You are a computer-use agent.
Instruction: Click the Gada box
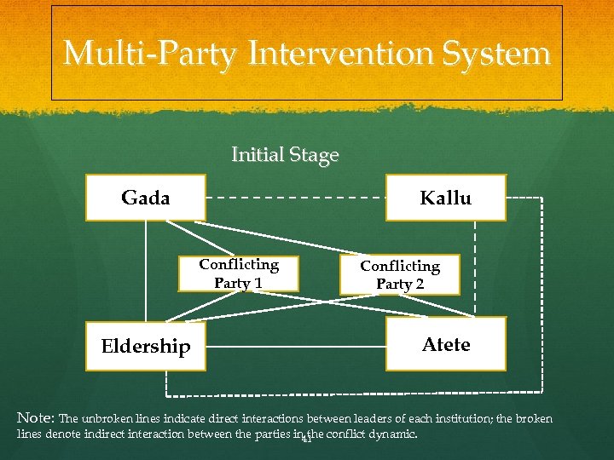[x=145, y=198]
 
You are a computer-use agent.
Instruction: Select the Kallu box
[x=445, y=198]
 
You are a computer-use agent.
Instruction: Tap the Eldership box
[x=146, y=346]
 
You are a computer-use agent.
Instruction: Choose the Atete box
[x=445, y=344]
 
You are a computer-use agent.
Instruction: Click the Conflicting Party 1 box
[x=239, y=273]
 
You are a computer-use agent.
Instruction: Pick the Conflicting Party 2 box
[x=400, y=275]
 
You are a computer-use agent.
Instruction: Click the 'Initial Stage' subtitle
[x=285, y=155]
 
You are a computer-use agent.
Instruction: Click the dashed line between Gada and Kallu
[x=295, y=198]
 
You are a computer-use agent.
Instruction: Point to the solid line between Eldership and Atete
[x=295, y=347]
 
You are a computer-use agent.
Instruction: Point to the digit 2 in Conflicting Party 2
[x=419, y=285]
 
